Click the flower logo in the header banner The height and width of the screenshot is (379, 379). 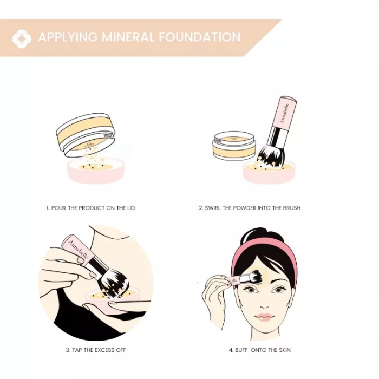pyautogui.click(x=22, y=38)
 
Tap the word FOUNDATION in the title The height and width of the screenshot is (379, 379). pyautogui.click(x=200, y=37)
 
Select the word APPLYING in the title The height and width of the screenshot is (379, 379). pyautogui.click(x=68, y=37)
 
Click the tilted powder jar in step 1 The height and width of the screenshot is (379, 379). pyautogui.click(x=86, y=134)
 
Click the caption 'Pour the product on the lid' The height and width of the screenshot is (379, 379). pyautogui.click(x=90, y=208)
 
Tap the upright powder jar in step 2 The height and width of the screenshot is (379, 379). pyautogui.click(x=234, y=145)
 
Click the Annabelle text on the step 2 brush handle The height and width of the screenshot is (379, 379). pyautogui.click(x=284, y=113)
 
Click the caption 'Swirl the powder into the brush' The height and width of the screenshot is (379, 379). pyautogui.click(x=250, y=208)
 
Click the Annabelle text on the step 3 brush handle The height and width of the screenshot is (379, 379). pyautogui.click(x=78, y=250)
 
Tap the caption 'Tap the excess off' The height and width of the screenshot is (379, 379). pyautogui.click(x=96, y=350)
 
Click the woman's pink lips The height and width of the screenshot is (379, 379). pyautogui.click(x=265, y=317)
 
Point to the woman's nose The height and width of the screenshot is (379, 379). pyautogui.click(x=265, y=305)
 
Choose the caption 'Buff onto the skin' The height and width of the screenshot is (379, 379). pyautogui.click(x=259, y=350)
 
